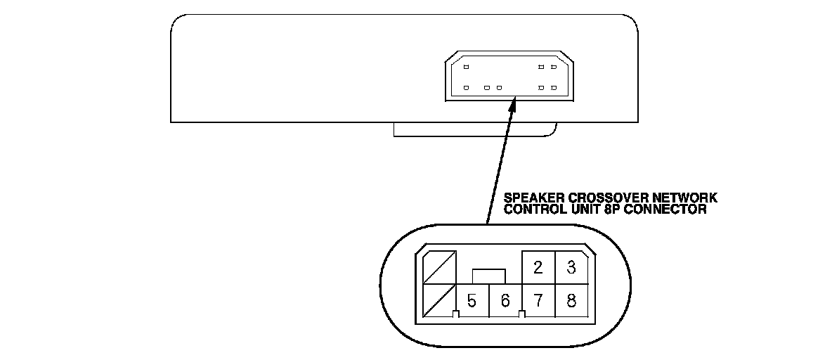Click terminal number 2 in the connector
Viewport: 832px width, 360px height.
538,267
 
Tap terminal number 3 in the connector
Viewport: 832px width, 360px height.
571,267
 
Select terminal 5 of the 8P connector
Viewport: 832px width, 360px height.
472,301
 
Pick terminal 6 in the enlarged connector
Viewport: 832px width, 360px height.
505,301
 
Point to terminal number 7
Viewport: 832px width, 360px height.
538,301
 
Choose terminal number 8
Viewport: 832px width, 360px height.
571,301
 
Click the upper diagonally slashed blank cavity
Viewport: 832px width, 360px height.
439,267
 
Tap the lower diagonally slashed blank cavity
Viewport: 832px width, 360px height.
439,301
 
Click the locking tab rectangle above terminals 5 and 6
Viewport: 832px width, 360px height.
489,275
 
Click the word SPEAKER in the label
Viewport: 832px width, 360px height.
526,199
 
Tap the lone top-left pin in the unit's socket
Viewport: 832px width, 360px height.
466,67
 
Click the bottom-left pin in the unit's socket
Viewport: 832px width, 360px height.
466,88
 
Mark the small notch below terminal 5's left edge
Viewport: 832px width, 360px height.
456,314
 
